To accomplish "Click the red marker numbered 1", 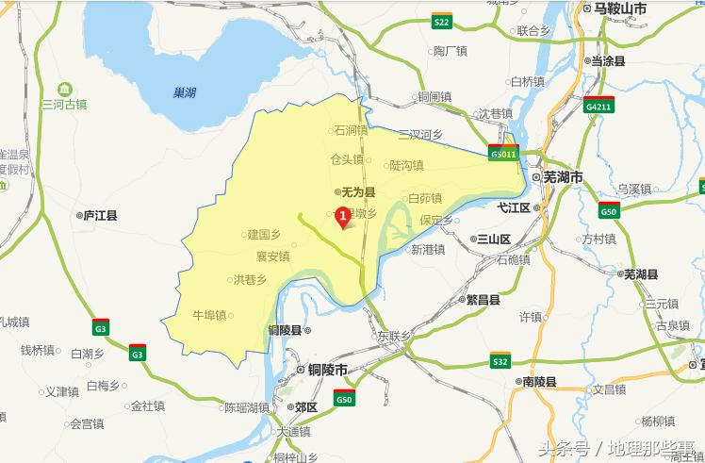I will pos(342,218).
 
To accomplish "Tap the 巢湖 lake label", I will pos(185,92).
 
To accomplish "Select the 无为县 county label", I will pos(358,190).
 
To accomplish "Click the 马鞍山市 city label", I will pos(619,8).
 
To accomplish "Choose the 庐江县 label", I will pos(99,215).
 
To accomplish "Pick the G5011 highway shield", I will pos(503,154).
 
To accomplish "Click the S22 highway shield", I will pos(441,21).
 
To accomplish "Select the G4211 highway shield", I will pos(598,106).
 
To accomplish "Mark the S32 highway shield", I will pos(500,361).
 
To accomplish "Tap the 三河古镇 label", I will pos(64,104).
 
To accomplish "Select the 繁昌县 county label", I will pos(488,300).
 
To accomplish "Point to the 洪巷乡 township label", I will pos(251,279).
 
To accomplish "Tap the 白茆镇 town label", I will pos(424,199).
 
